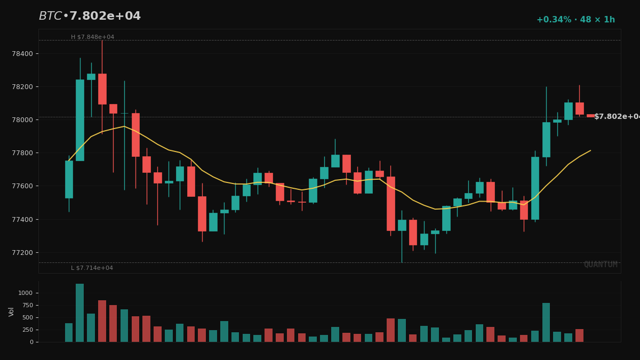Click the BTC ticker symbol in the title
click(50, 17)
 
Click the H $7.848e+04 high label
click(92, 37)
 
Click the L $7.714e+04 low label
click(92, 268)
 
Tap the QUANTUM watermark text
click(600, 265)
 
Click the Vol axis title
click(12, 311)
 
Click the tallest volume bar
click(79, 313)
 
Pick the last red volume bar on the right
click(579, 335)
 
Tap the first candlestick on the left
click(69, 179)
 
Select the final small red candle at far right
click(590, 116)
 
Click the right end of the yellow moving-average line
click(590, 150)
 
